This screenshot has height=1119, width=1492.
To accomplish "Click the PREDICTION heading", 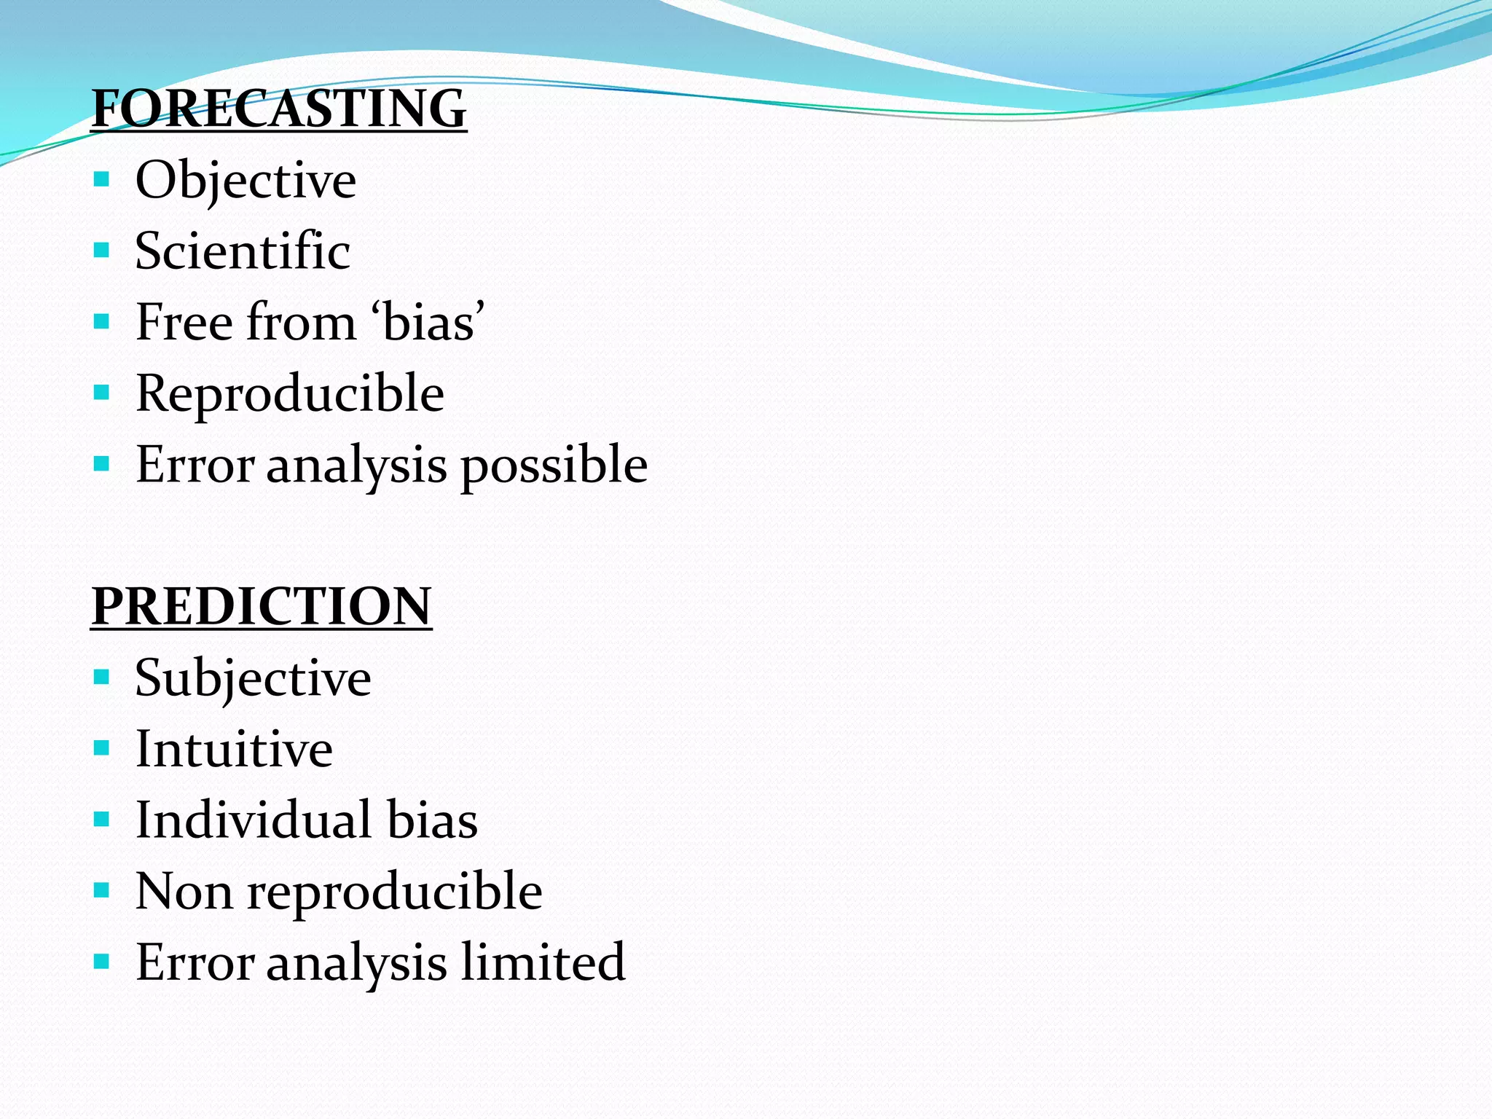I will pos(262,606).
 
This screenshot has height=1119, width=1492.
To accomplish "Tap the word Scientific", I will pos(243,251).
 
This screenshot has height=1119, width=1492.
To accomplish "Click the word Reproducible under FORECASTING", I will pos(290,393).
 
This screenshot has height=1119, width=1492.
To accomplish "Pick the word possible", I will pos(554,465).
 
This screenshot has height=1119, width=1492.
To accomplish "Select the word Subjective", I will pos(253,678).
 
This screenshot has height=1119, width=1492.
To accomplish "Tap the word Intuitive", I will pos(234,748).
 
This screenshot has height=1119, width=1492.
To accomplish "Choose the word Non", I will pos(184,891).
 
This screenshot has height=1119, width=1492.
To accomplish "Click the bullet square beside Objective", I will pos(102,179).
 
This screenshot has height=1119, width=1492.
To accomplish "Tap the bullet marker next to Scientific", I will pos(102,251).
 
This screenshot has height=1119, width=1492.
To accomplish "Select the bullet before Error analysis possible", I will pos(102,463).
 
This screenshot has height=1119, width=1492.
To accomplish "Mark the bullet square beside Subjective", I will pos(102,678).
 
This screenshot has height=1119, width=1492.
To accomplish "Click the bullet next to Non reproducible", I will pos(102,890).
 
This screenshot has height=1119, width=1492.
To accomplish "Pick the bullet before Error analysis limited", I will pos(102,962).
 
